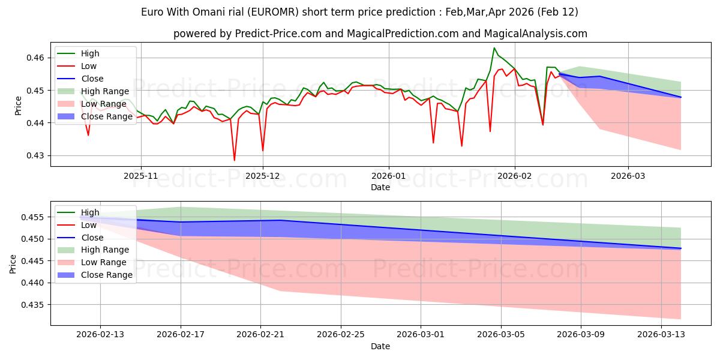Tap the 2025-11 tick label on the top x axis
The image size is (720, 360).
point(141,176)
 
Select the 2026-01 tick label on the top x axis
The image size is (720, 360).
point(388,176)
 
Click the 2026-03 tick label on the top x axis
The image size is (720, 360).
point(628,176)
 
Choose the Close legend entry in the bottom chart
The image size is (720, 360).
point(92,237)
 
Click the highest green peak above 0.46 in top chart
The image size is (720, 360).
point(494,48)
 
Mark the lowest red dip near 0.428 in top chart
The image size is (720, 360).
point(235,160)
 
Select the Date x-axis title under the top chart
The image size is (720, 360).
point(380,187)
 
